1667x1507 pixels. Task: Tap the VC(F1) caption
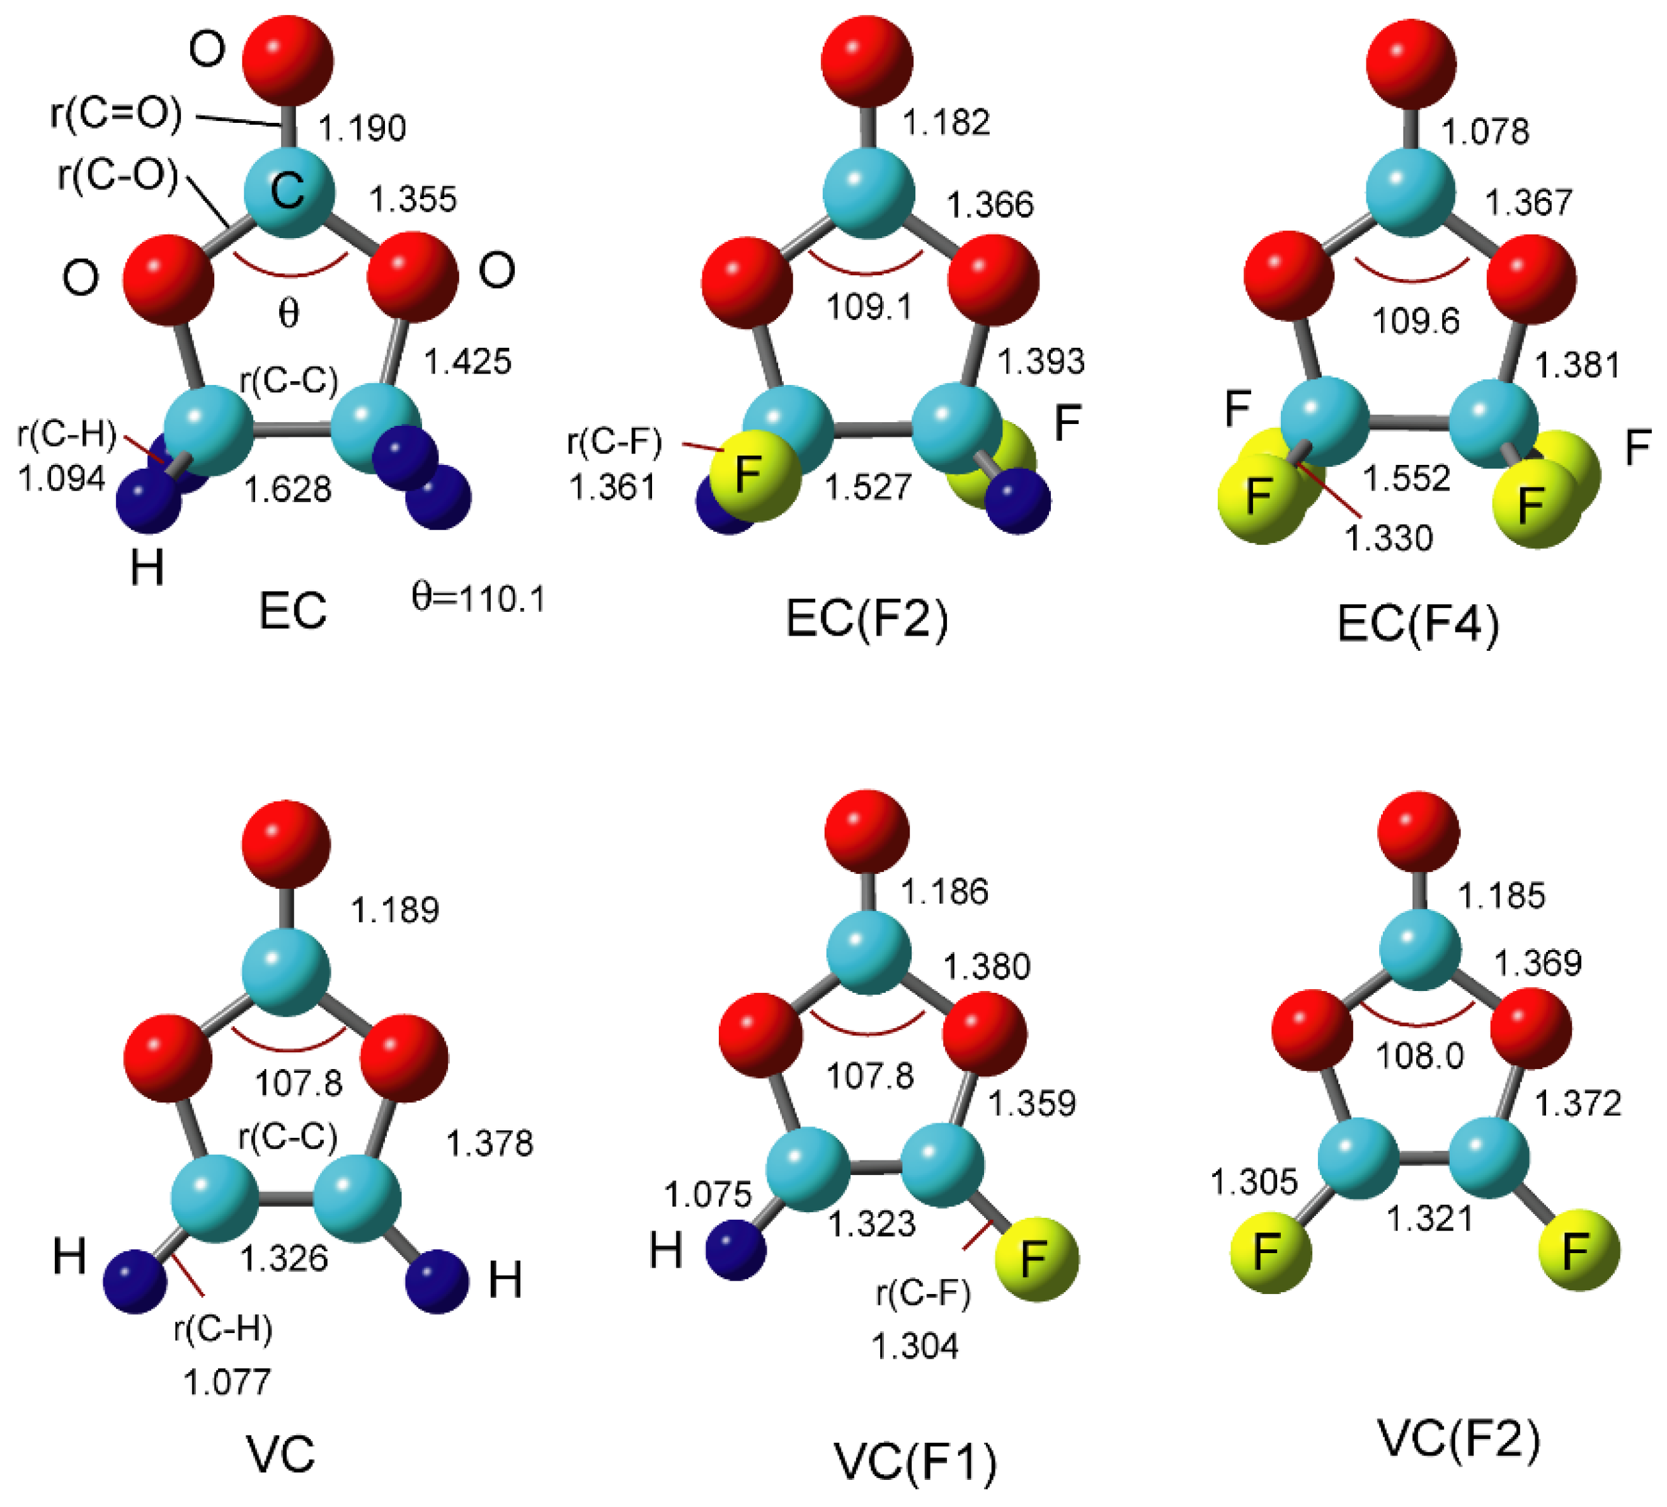pyautogui.click(x=915, y=1462)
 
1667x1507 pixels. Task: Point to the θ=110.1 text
pyautogui.click(x=479, y=597)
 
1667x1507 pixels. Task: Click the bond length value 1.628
pyautogui.click(x=288, y=490)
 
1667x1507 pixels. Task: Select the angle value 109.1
pyautogui.click(x=869, y=307)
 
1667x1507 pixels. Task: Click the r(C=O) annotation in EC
pyautogui.click(x=116, y=113)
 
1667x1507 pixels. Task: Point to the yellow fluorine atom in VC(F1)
pyautogui.click(x=1037, y=1258)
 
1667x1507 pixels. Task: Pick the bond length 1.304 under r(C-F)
pyautogui.click(x=915, y=1346)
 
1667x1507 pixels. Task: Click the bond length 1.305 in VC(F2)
pyautogui.click(x=1254, y=1183)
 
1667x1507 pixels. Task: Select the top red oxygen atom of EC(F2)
pyautogui.click(x=867, y=60)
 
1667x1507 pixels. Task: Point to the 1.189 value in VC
pyautogui.click(x=395, y=910)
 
